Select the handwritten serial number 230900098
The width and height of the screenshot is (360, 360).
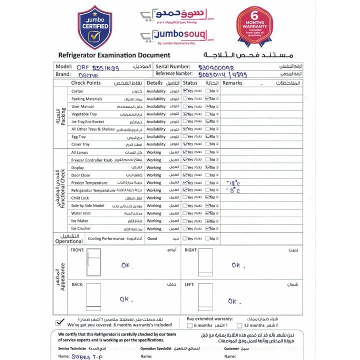216,66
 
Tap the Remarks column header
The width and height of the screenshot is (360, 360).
232,83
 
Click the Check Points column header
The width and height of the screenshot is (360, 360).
86,83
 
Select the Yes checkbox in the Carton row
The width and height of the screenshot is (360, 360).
185,91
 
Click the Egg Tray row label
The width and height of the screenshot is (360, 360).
78,137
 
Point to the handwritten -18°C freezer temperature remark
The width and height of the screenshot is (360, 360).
233,183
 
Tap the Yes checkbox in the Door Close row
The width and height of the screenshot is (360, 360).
185,175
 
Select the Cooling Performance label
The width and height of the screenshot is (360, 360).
106,239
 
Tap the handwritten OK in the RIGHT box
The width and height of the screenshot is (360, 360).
236,265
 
